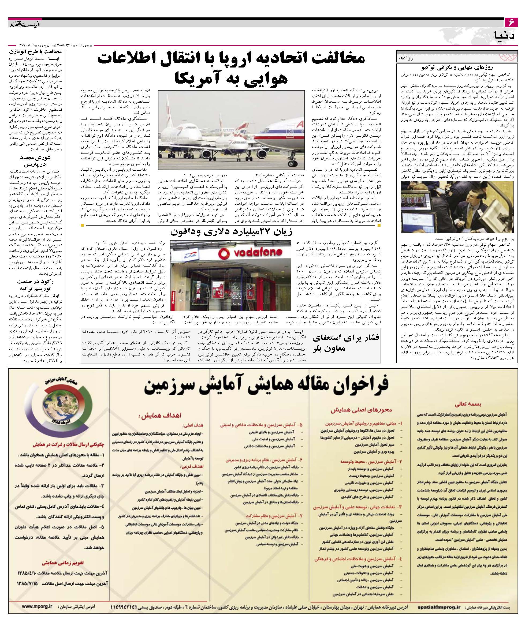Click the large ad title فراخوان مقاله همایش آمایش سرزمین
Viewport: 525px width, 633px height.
[x=266, y=388]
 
